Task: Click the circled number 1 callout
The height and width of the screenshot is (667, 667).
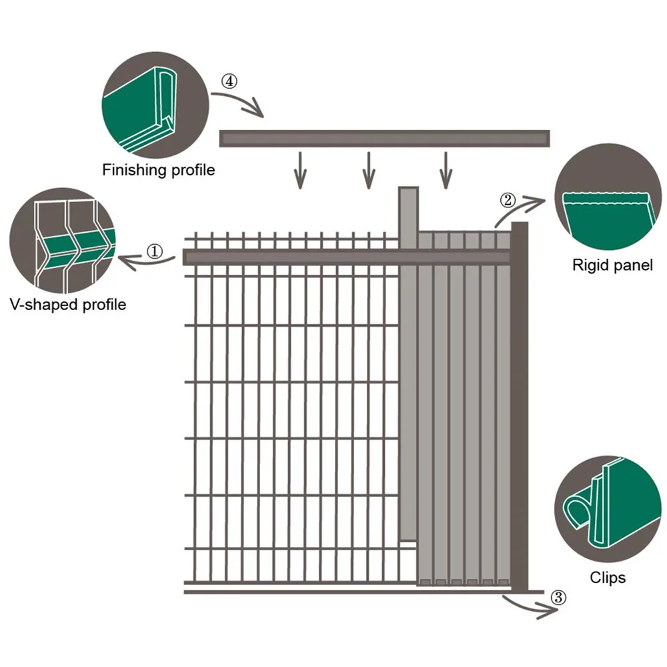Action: [154, 251]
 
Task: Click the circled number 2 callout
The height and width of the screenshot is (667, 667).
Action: [508, 199]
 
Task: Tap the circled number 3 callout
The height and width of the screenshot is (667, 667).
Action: [559, 598]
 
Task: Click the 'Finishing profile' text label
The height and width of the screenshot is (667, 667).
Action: [158, 170]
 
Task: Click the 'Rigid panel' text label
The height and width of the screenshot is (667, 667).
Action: [612, 265]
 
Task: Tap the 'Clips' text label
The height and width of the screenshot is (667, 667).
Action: [608, 578]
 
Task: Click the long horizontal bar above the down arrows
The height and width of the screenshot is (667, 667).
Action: [384, 139]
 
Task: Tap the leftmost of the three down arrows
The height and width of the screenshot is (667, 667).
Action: [301, 170]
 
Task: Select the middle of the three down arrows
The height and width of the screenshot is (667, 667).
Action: [368, 170]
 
